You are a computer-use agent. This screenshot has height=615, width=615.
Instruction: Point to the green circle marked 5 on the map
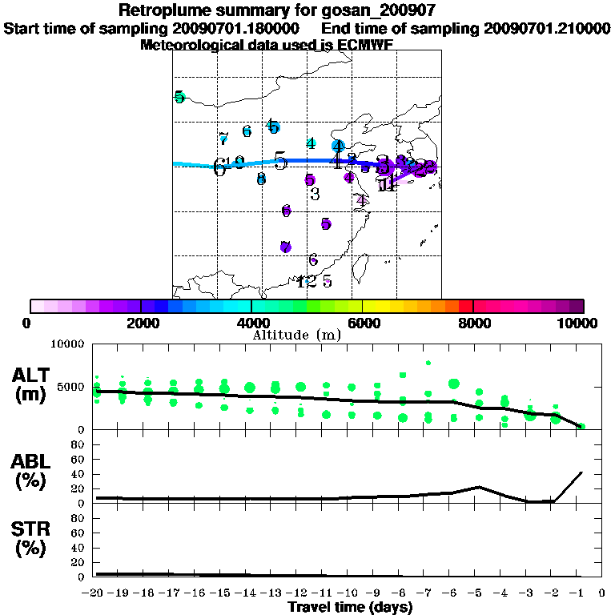[x=179, y=98]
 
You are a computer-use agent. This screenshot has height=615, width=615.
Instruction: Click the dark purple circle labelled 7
[x=285, y=247]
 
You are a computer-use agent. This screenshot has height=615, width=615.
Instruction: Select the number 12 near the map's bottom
[x=306, y=281]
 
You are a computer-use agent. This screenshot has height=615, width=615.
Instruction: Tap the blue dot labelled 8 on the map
[x=261, y=179]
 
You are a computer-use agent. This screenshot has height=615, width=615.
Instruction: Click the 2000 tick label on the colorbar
[x=140, y=323]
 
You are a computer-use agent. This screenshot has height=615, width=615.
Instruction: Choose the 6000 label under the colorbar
[x=362, y=323]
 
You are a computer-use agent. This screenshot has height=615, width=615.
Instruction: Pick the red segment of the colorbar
[x=465, y=306]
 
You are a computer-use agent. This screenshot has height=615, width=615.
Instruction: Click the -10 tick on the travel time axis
[x=351, y=593]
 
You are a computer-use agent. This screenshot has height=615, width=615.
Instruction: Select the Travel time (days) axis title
[x=350, y=608]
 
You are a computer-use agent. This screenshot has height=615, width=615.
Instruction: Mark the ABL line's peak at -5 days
[x=478, y=486]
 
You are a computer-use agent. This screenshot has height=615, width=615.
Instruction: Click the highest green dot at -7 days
[x=428, y=362]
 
